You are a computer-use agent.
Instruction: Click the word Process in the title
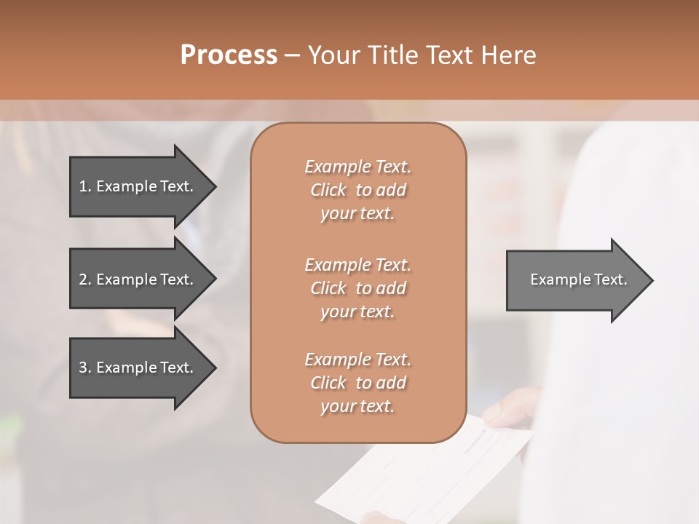229,55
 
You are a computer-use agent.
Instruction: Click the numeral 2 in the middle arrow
82,279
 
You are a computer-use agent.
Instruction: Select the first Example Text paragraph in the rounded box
358,190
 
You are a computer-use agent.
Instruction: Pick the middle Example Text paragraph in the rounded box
358,288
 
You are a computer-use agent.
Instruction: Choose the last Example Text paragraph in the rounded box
358,383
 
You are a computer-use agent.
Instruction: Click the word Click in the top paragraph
328,190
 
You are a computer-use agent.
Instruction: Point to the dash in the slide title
292,55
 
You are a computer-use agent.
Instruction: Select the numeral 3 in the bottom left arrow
82,368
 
